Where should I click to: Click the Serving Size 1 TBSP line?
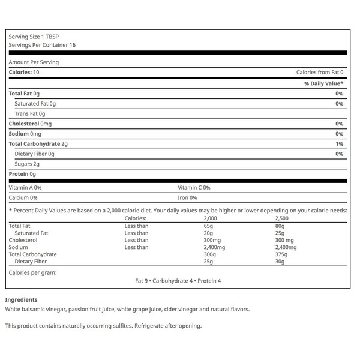pyautogui.click(x=30, y=36)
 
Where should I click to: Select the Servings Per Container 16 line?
pyautogui.click(x=42, y=45)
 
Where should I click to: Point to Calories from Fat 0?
pyautogui.click(x=319, y=72)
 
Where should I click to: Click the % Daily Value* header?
pyautogui.click(x=323, y=83)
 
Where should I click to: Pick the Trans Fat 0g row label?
pyautogui.click(x=30, y=113)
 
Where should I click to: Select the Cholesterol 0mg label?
pyautogui.click(x=29, y=124)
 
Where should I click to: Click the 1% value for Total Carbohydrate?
pyautogui.click(x=339, y=144)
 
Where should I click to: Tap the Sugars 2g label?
pyautogui.click(x=27, y=164)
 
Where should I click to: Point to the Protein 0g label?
pyautogui.click(x=23, y=174)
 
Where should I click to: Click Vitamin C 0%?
pyautogui.click(x=194, y=187)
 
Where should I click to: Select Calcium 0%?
pyautogui.click(x=23, y=197)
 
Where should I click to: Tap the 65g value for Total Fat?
pyautogui.click(x=209, y=226)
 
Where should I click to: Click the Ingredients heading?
pyautogui.click(x=21, y=299)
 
